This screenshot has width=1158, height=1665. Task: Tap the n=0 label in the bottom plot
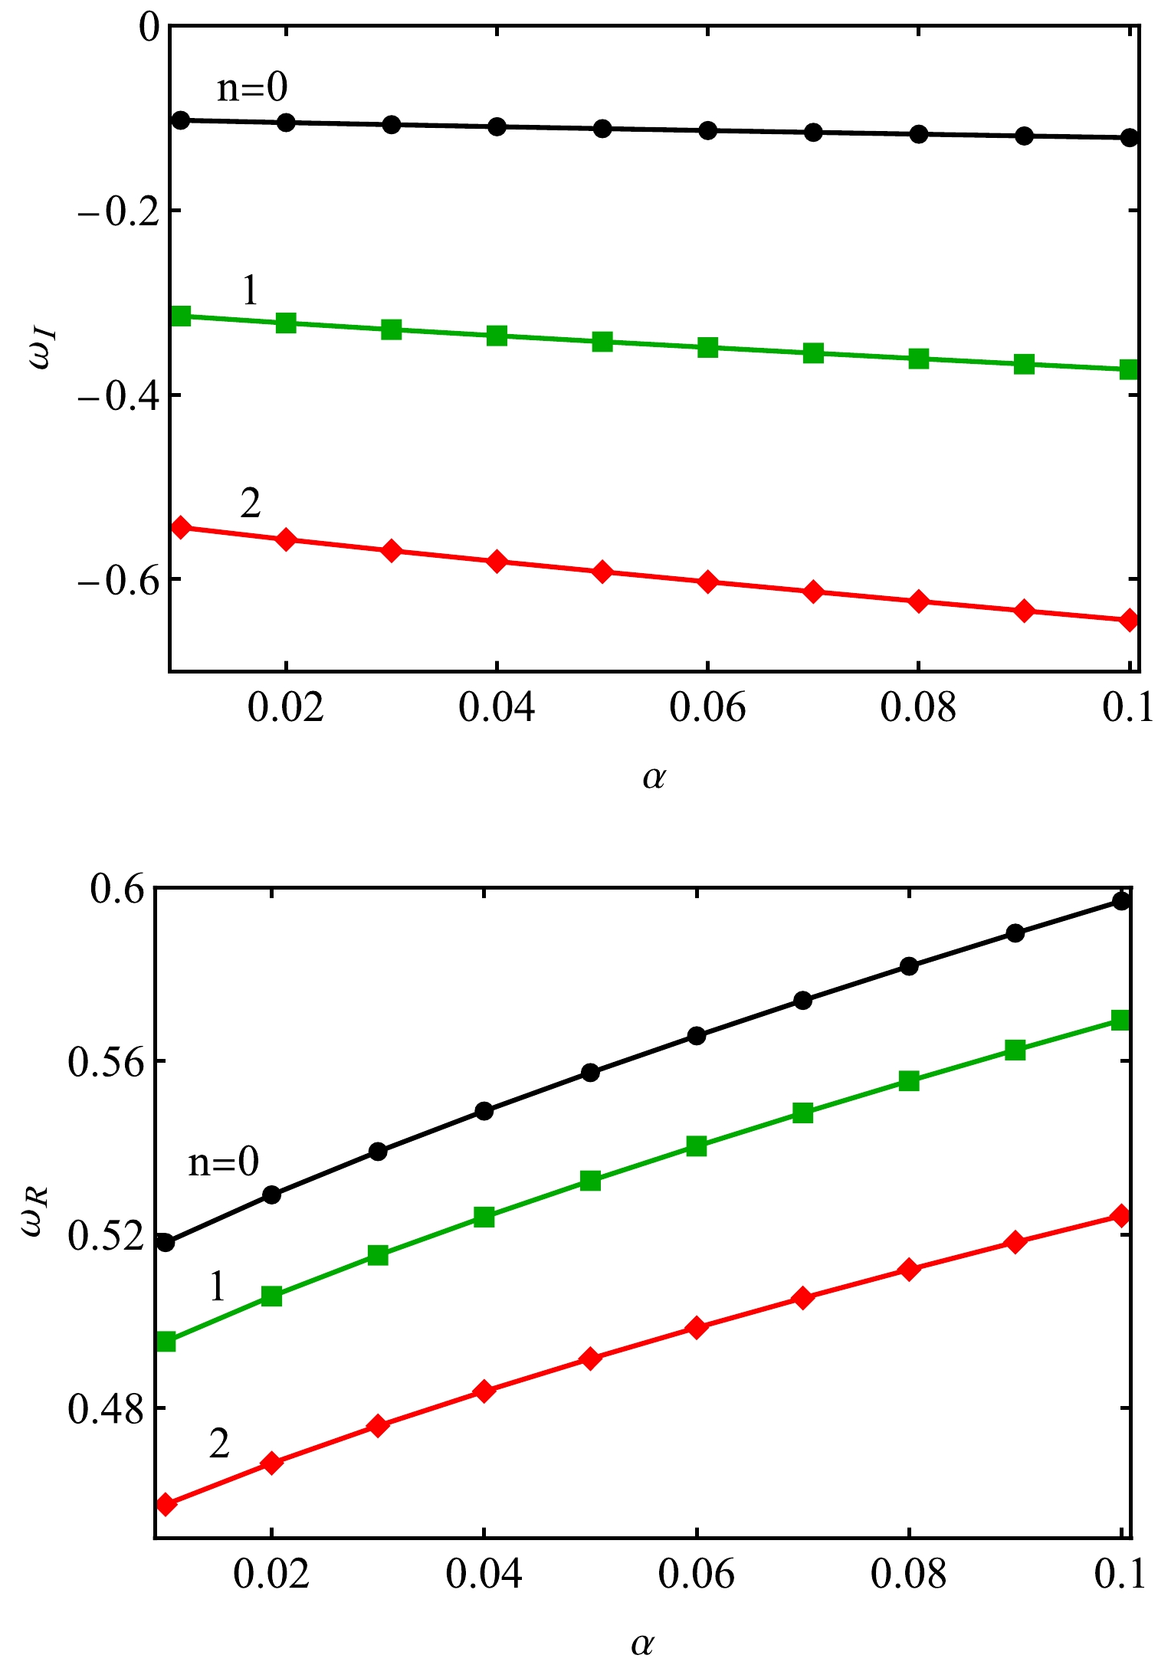click(224, 1162)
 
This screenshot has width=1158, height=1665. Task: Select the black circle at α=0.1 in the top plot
click(1129, 138)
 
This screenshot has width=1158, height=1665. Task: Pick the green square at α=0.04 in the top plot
click(497, 335)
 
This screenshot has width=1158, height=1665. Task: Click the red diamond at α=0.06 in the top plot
click(707, 582)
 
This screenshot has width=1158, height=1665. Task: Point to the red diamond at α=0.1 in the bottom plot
click(1120, 1216)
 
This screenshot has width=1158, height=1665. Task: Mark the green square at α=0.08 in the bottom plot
click(909, 1081)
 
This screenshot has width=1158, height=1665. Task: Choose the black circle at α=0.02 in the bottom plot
click(272, 1195)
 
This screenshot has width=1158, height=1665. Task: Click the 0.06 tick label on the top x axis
click(707, 707)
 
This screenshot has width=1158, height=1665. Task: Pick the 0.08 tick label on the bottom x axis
click(908, 1575)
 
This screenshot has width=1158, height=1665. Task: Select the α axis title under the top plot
click(654, 777)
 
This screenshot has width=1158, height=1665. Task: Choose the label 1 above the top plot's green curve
click(250, 291)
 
